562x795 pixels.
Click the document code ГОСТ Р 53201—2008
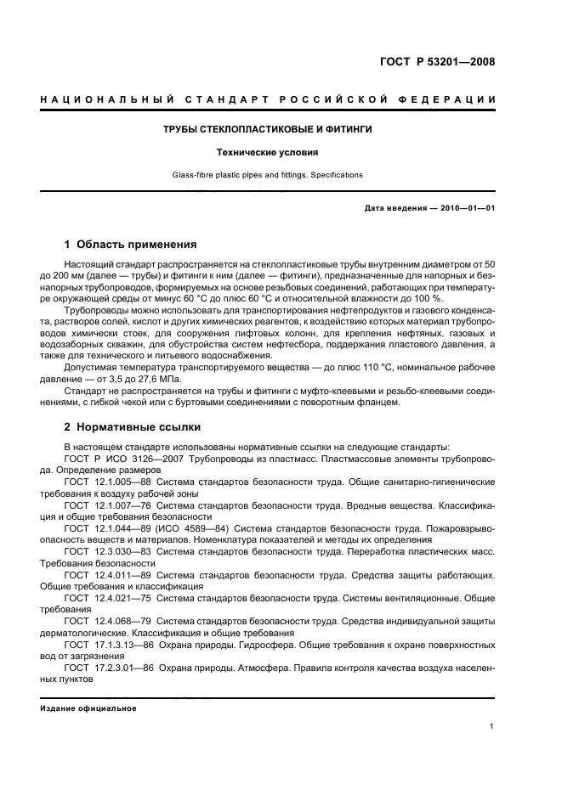441,62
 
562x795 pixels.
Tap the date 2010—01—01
465,208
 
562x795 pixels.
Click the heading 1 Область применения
131,245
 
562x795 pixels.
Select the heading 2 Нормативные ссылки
133,427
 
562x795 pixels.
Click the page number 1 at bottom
492,727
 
